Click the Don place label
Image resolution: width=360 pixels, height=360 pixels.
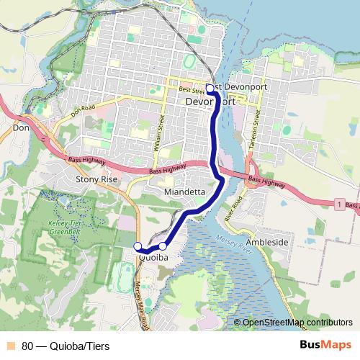coord(19,127)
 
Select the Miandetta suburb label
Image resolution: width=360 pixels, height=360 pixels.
coord(185,193)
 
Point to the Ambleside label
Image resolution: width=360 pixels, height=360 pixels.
coord(267,243)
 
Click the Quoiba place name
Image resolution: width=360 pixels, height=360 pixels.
coord(153,256)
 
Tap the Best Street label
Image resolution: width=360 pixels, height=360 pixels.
coord(191,89)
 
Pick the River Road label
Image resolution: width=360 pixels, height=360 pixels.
coord(231,208)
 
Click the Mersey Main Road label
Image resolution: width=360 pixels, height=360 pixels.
coord(140,303)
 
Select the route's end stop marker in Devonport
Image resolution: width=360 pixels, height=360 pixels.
coord(210,89)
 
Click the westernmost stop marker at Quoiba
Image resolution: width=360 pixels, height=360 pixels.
coord(138,246)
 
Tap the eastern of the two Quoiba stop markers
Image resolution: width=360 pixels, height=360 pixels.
coord(163,246)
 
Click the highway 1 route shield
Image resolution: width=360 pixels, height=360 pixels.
coord(338,205)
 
